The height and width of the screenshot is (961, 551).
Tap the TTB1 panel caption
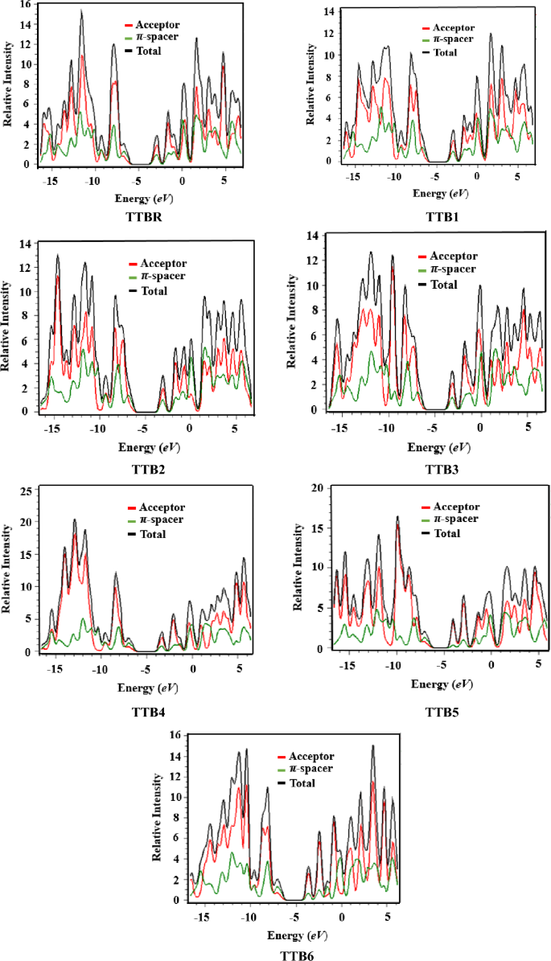[x=427, y=218]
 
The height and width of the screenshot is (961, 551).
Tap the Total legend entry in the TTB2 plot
[x=153, y=290]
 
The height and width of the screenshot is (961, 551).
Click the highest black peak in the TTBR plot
[x=81, y=11]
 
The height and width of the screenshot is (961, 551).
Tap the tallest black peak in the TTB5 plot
[x=397, y=517]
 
